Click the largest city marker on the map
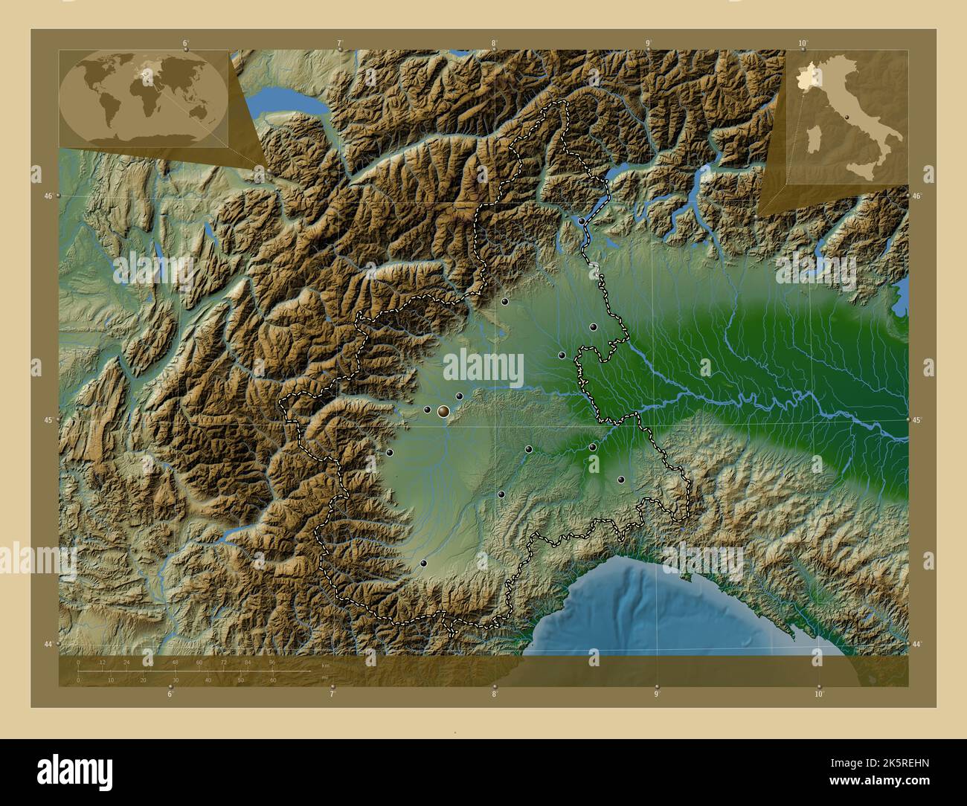[x=443, y=410]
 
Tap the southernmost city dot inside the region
[x=423, y=564]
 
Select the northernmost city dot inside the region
[x=581, y=221]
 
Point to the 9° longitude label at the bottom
[x=656, y=695]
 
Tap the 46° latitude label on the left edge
[x=48, y=196]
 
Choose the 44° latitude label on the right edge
[x=918, y=644]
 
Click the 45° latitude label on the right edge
[x=918, y=420]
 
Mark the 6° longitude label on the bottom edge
[x=170, y=695]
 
